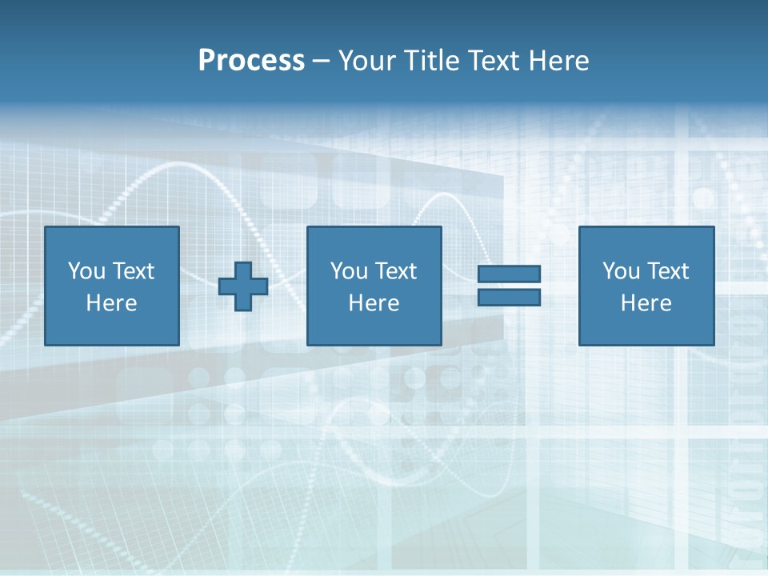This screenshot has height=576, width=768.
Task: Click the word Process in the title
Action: tap(251, 61)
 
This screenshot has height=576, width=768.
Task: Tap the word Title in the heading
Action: tap(431, 61)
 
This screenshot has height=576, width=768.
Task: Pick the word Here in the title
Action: tap(559, 61)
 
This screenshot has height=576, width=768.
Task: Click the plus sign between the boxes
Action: tap(243, 286)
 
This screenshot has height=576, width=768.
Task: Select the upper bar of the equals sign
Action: tap(509, 274)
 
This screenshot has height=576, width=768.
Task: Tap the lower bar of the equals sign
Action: tap(509, 298)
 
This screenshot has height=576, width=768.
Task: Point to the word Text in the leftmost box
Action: tap(132, 271)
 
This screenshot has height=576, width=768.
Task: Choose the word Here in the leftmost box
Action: tap(111, 303)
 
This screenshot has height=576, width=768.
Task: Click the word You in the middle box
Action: tap(349, 271)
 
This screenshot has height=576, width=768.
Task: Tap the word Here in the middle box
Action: tap(374, 303)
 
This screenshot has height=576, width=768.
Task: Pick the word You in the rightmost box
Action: tap(621, 271)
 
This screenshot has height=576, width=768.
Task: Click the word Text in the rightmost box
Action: tap(666, 271)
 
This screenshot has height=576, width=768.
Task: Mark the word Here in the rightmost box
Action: tap(646, 303)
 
